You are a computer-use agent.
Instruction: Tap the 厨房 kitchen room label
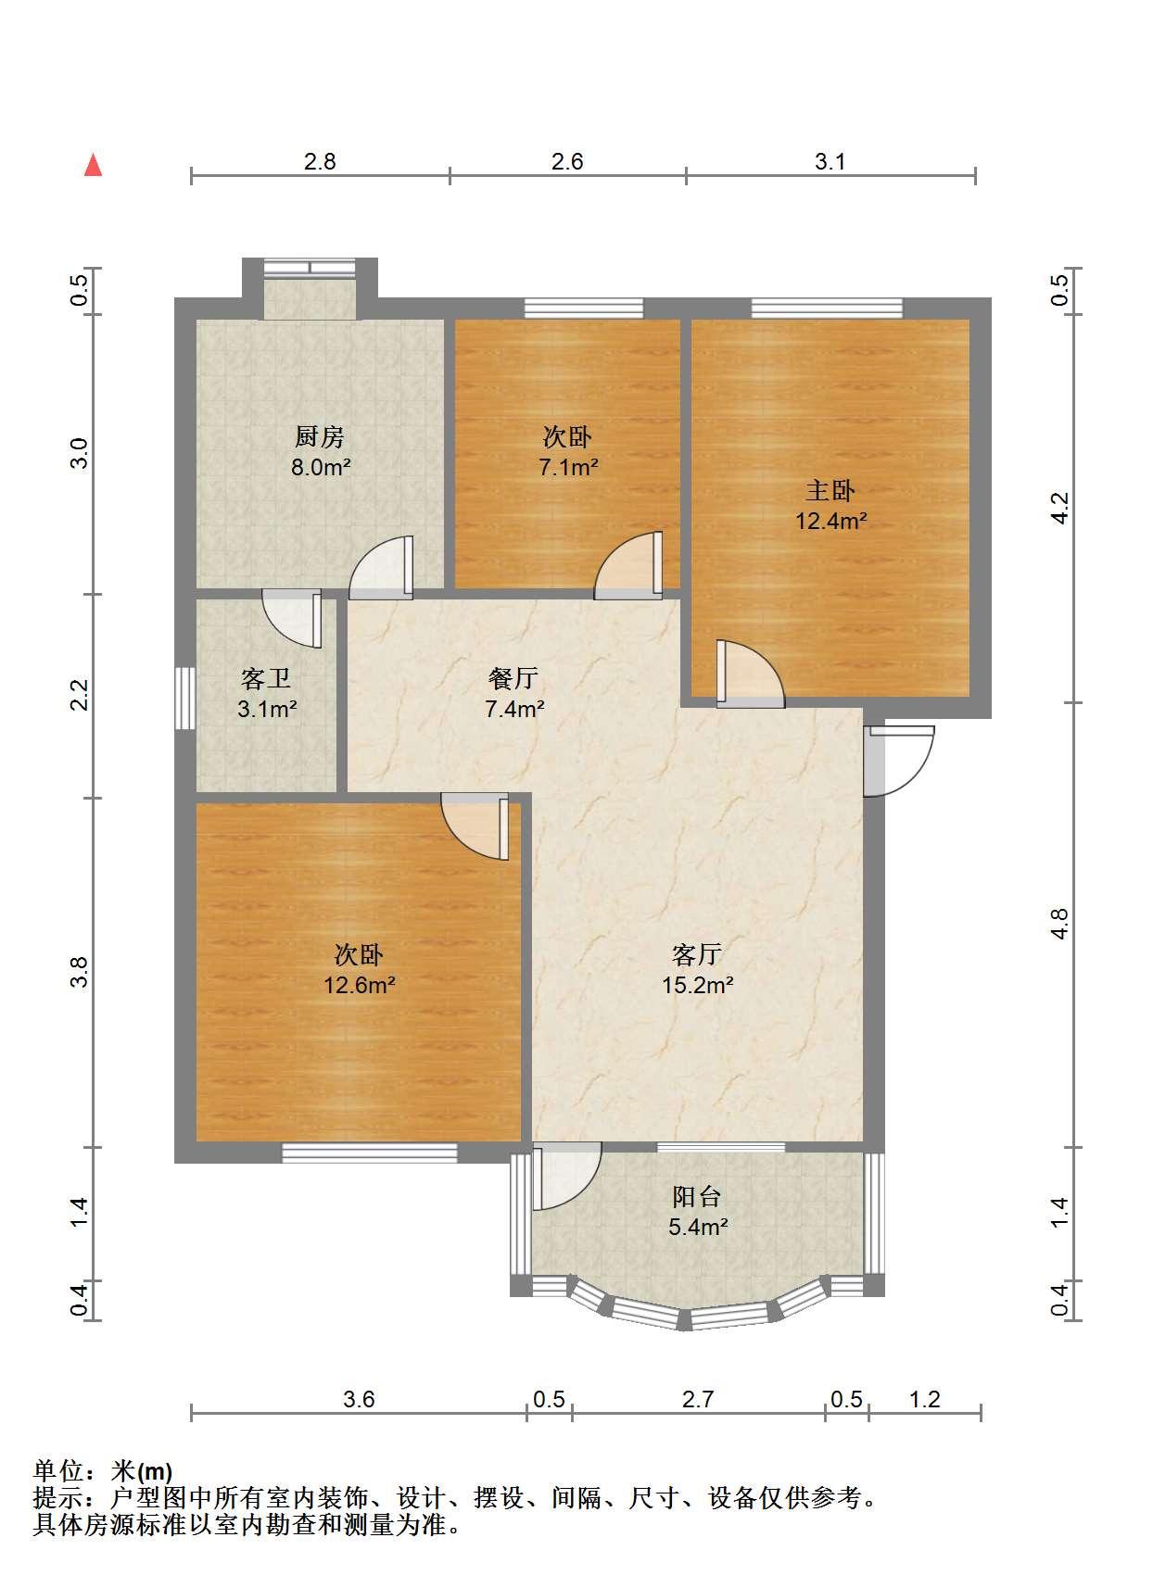point(319,436)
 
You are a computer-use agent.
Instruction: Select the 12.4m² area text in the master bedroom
point(830,521)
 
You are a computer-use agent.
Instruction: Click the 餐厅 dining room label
point(513,678)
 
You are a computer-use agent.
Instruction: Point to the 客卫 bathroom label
point(266,678)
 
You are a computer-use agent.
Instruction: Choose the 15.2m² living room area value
point(697,985)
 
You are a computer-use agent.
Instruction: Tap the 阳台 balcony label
point(697,1197)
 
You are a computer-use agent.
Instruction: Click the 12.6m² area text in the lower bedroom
point(360,985)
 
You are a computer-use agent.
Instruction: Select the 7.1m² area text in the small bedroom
point(568,467)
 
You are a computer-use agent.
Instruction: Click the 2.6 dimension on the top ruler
point(567,161)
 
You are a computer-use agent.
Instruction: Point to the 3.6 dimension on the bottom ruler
point(359,1399)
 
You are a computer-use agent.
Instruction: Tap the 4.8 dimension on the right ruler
point(1058,924)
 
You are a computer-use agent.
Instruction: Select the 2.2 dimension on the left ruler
point(80,694)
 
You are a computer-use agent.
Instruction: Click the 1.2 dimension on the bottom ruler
point(925,1399)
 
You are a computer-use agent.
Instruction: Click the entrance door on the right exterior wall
point(899,761)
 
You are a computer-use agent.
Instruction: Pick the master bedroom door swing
point(751,674)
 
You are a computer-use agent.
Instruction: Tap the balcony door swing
point(566,1176)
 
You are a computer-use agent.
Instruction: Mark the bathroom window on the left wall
point(185,699)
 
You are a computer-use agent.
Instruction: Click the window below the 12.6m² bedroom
point(370,1153)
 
